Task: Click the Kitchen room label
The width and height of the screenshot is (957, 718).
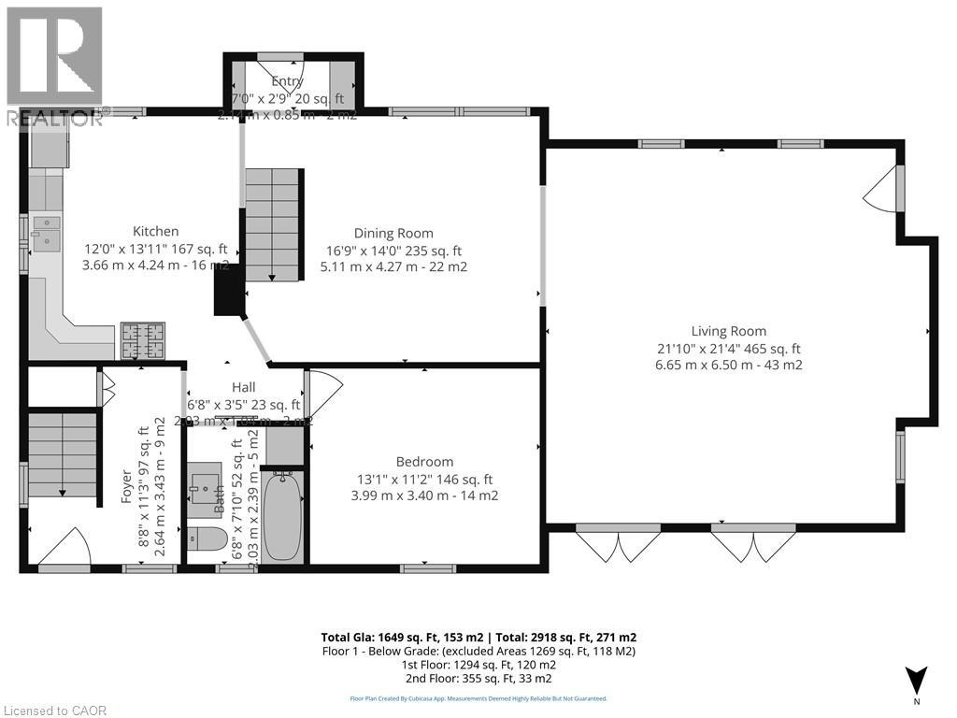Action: pos(155,232)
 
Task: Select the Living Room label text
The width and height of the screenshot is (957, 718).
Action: pos(728,331)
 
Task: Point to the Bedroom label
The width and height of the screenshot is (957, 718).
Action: pos(424,462)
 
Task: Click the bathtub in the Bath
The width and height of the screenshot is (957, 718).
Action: pos(280,514)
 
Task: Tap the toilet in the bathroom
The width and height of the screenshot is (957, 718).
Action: pos(207,539)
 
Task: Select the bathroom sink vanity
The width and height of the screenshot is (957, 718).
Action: pos(204,486)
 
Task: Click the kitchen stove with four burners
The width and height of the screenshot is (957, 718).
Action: pos(143,340)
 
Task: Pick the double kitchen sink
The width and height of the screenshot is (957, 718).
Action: pos(44,233)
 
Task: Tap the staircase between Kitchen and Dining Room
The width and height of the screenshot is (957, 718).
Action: pos(273,224)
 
